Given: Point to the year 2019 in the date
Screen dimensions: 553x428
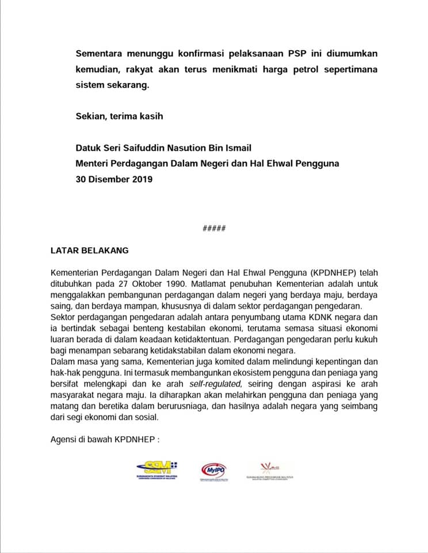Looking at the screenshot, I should (140, 179).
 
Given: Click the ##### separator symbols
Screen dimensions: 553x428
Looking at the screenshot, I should (214, 228).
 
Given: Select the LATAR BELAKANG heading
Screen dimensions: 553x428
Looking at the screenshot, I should (90, 251).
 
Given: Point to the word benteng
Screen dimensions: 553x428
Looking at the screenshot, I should (151, 328).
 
